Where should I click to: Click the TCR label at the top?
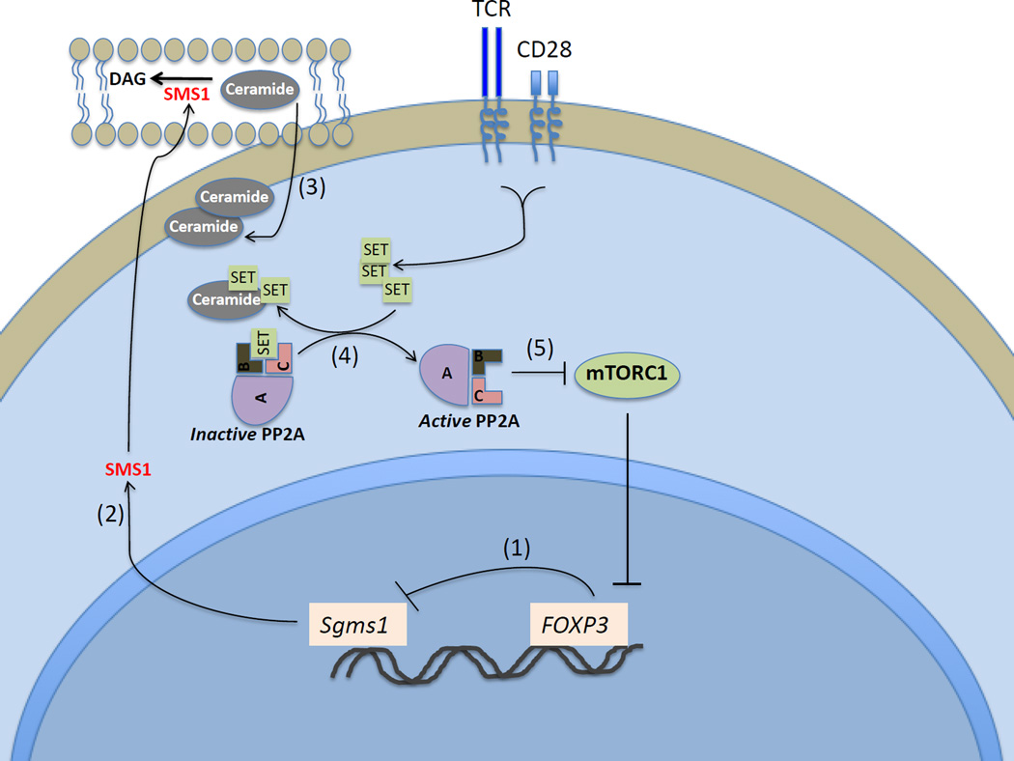[499, 13]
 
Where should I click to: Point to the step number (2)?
[109, 514]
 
